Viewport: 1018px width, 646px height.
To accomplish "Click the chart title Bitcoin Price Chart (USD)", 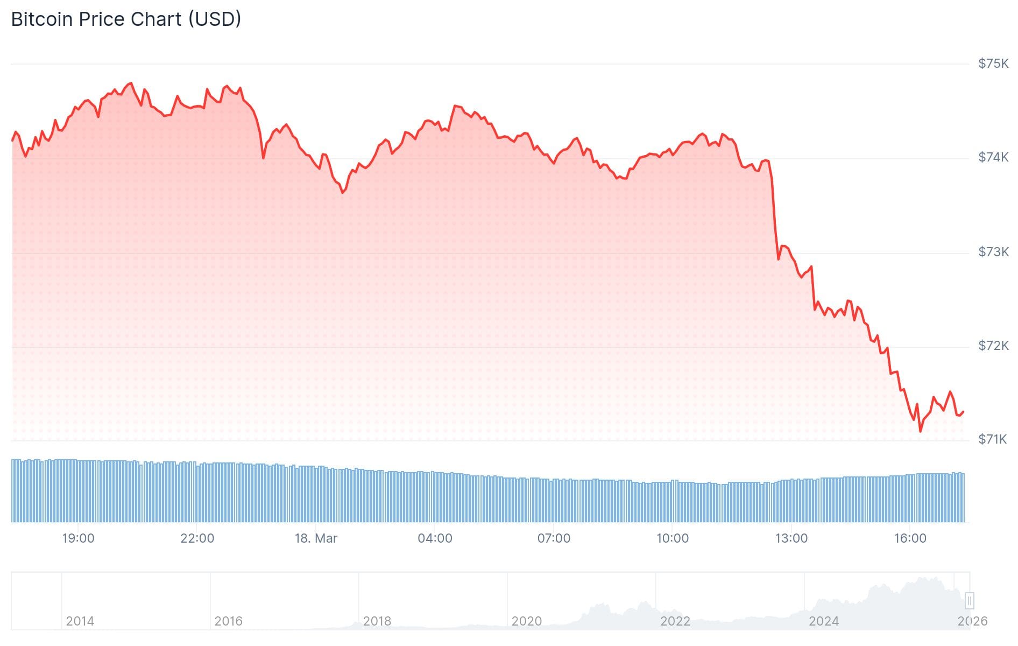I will coord(126,19).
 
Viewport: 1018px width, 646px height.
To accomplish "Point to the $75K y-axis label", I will coord(993,64).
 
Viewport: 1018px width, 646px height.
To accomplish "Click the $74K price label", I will coord(993,157).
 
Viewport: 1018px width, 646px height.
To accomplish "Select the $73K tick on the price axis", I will coord(993,252).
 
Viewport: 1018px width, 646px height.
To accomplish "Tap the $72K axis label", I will coord(993,346).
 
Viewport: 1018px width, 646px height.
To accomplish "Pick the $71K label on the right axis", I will coord(993,439).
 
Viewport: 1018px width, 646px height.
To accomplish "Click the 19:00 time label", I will coord(78,538).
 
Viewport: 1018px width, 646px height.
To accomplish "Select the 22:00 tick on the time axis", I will coord(197,538).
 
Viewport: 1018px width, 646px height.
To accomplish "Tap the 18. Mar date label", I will coord(316,538).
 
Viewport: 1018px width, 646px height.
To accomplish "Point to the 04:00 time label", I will coord(435,538).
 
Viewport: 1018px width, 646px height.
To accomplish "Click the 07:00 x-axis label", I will coord(554,538).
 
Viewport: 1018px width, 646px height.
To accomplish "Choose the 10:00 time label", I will coord(673,538).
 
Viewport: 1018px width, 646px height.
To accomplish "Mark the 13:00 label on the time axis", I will coord(791,538).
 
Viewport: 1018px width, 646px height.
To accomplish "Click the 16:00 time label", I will coord(910,538).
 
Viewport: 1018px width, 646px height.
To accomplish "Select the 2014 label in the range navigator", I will coord(80,621).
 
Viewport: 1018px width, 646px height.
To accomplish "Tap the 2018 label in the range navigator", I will coord(377,621).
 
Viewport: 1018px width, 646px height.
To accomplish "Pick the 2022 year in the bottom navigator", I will coord(675,621).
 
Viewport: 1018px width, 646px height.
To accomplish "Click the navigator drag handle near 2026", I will coord(970,600).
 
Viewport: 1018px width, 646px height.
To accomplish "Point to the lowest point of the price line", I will coord(920,431).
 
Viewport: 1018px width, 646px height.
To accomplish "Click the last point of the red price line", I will coord(963,412).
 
